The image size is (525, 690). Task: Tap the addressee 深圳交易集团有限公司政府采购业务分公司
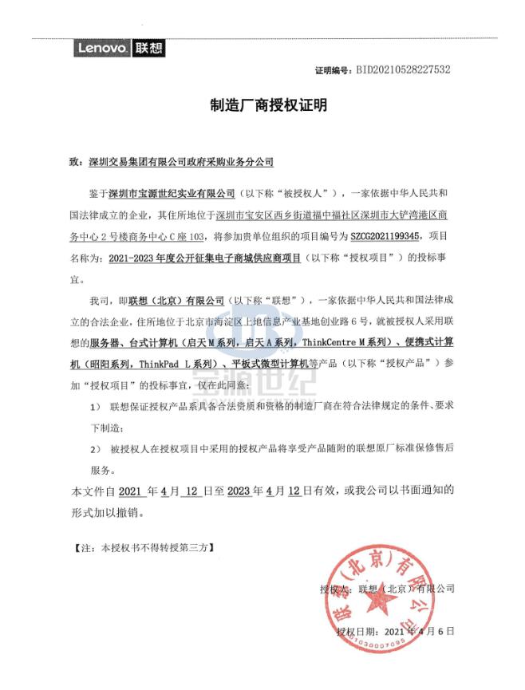point(181,162)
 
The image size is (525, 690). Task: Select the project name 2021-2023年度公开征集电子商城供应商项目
point(203,258)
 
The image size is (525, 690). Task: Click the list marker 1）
point(96,407)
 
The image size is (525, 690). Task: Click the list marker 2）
point(96,449)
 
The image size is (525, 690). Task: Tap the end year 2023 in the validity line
point(239,491)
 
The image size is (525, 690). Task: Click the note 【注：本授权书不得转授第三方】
point(144,550)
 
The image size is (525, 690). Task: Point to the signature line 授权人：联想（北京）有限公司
point(387,589)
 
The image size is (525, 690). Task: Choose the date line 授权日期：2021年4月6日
point(396,631)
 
